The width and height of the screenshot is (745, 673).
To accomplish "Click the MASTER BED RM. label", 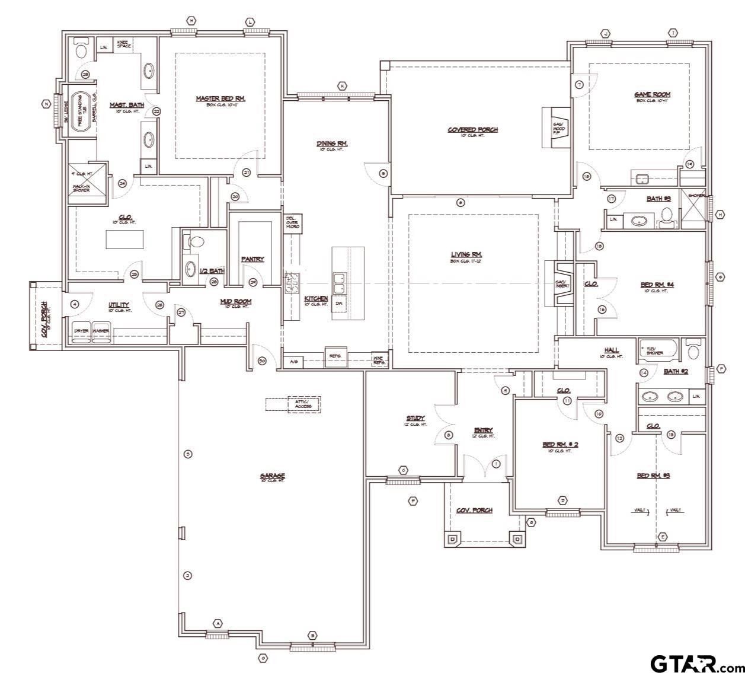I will pyautogui.click(x=220, y=98).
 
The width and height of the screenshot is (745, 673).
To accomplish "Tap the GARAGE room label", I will pyautogui.click(x=272, y=476).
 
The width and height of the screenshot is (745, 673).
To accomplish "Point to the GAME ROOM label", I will pyautogui.click(x=653, y=94).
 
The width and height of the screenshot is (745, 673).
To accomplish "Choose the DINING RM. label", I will pyautogui.click(x=332, y=143).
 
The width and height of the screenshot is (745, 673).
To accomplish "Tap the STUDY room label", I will pyautogui.click(x=415, y=419).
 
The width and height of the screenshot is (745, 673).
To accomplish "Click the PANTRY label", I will pyautogui.click(x=252, y=259).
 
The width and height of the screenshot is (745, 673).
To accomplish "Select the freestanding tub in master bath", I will pyautogui.click(x=79, y=111).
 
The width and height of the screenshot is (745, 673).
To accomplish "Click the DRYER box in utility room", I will pyautogui.click(x=81, y=331).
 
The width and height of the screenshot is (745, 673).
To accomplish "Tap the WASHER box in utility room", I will pyautogui.click(x=101, y=331).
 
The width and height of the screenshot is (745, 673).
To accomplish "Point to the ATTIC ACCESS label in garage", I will pyautogui.click(x=302, y=404).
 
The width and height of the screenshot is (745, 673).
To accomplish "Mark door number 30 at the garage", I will pyautogui.click(x=262, y=360).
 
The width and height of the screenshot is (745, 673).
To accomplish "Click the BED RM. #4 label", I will pyautogui.click(x=657, y=285).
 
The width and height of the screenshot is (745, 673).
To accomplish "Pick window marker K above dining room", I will pyautogui.click(x=342, y=86).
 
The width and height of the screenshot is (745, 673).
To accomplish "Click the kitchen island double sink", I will pyautogui.click(x=340, y=283).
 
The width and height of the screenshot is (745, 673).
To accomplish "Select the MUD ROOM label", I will pyautogui.click(x=235, y=302).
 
